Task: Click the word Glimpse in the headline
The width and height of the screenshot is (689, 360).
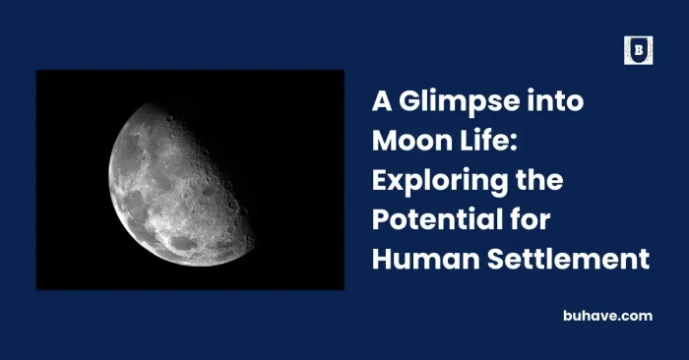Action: [x=443, y=101]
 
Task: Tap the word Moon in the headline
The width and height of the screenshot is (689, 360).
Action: [x=406, y=141]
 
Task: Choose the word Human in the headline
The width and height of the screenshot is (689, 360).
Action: [x=417, y=260]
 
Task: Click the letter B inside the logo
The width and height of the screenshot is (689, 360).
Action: [x=638, y=50]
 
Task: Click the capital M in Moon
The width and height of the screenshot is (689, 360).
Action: [x=384, y=141]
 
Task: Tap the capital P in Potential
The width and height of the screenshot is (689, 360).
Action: [x=380, y=219]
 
